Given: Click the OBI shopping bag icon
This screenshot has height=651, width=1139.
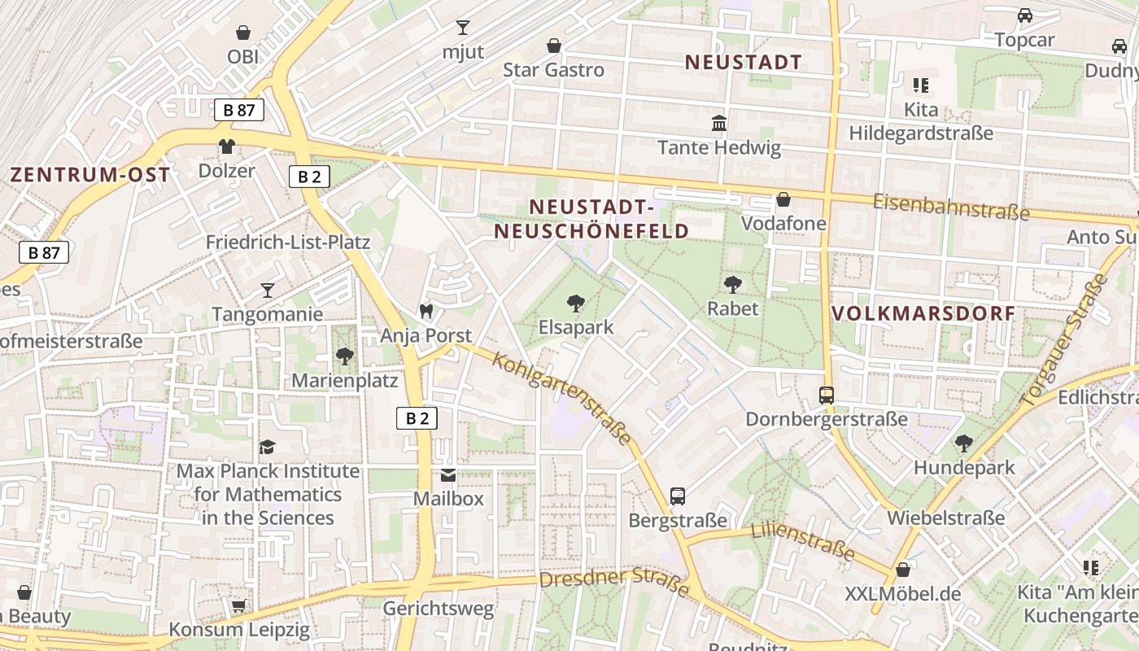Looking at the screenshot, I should point(242,33).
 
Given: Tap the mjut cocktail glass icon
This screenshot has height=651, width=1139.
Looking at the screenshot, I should point(463,28).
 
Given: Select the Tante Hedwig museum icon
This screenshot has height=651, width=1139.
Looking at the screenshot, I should point(719,124).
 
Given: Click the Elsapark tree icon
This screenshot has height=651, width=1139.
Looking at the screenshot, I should point(576,304).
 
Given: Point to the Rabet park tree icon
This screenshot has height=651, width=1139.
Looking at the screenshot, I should point(732,284).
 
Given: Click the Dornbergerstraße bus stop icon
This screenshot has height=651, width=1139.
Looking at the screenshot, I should point(827,395).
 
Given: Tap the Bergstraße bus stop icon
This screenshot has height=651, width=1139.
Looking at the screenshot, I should point(678,496).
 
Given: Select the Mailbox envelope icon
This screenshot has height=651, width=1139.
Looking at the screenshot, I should point(448,474).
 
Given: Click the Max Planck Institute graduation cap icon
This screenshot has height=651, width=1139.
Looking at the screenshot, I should point(267,447).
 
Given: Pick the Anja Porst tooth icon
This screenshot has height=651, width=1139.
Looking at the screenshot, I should point(425,311).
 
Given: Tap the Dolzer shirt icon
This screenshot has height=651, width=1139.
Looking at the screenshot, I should point(226,146).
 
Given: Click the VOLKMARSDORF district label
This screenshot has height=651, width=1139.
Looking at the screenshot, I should point(923,313).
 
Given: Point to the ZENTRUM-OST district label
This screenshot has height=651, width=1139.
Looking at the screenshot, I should point(90,174).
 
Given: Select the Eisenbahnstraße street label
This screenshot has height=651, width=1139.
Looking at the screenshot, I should point(951,207).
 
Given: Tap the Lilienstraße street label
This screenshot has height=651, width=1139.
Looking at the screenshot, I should point(802,542).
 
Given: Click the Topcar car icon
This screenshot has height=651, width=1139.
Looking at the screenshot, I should point(1025,15).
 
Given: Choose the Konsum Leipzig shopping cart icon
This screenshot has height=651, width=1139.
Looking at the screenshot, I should point(238,605).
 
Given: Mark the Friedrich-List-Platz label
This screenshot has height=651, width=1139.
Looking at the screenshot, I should point(287,242).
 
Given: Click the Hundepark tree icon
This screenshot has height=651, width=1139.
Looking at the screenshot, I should point(964,443).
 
